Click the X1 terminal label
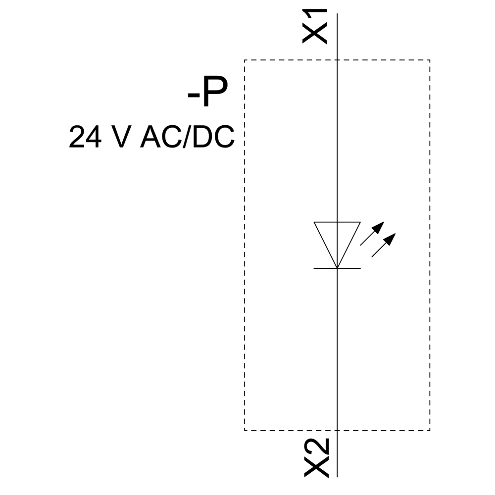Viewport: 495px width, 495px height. tap(315, 27)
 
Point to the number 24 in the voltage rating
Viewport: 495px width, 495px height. tap(85, 137)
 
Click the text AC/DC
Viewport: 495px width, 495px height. tap(188, 137)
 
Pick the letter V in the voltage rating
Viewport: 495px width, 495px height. tap(122, 137)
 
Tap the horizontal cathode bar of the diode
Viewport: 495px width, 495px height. tap(337, 268)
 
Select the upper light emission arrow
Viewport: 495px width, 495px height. tap(372, 234)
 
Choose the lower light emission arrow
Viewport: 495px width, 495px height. tap(384, 246)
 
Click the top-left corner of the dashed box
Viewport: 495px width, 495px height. tap(245, 60)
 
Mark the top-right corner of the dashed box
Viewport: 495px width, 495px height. tap(430, 60)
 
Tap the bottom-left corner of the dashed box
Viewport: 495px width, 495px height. tap(245, 430)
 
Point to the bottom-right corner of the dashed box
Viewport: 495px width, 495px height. tap(430, 430)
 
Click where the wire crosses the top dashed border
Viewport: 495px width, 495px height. tap(337, 60)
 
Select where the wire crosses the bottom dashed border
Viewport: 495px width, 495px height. tap(337, 430)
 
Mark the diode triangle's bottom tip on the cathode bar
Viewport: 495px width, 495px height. tap(337, 268)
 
